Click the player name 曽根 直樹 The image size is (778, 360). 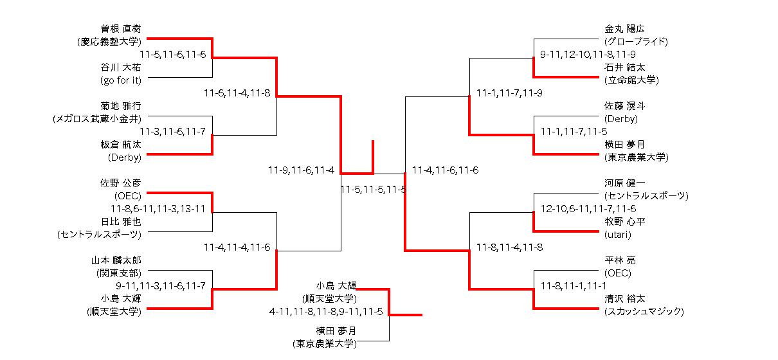(x=120, y=29)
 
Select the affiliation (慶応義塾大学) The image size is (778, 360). (x=107, y=42)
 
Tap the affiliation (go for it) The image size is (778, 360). (x=120, y=80)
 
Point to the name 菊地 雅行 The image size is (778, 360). (x=121, y=106)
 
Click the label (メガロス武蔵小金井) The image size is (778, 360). (x=97, y=119)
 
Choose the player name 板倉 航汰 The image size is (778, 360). (x=120, y=145)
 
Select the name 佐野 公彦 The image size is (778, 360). (x=120, y=183)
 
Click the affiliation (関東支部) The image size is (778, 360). (x=120, y=273)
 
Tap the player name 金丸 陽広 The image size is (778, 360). (x=624, y=29)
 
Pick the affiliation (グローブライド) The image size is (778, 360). (x=636, y=42)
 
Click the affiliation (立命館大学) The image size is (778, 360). (x=631, y=80)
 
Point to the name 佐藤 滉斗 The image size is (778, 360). (x=624, y=106)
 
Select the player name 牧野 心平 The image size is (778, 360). (x=624, y=222)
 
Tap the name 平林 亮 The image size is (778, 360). (x=620, y=260)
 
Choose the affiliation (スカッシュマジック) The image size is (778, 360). (x=644, y=312)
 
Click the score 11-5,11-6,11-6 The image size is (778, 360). (x=172, y=55)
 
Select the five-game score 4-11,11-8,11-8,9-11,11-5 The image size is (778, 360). (x=326, y=312)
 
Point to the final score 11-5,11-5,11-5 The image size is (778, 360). (x=373, y=190)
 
